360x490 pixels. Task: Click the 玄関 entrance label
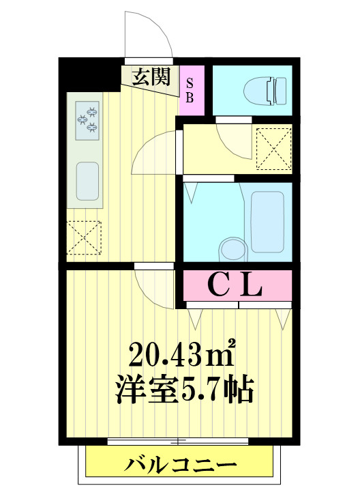[x=151, y=76]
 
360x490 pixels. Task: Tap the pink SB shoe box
[x=190, y=89]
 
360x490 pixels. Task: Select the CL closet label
[x=235, y=286]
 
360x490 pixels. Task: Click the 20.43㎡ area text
[x=182, y=354]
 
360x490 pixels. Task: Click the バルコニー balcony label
[x=181, y=467]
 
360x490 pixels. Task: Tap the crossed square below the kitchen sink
[x=83, y=237]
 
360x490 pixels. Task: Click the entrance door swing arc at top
[x=146, y=34]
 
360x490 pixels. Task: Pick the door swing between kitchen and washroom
[x=155, y=154]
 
